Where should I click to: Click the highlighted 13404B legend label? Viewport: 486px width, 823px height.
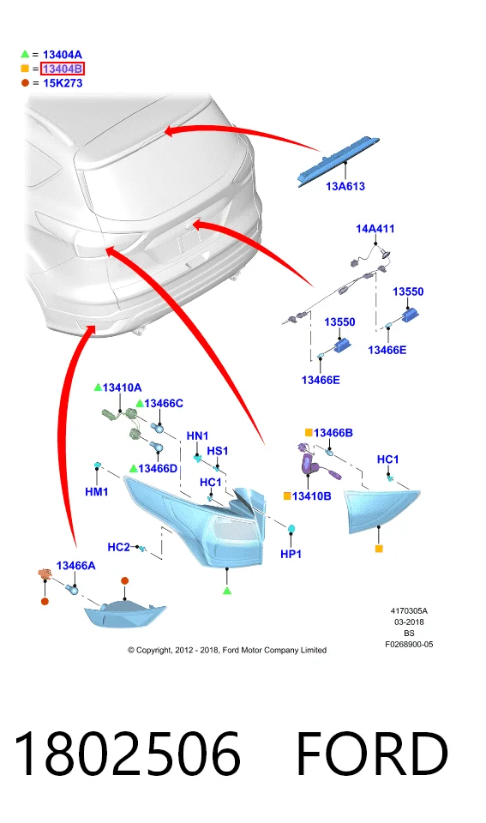coord(63,69)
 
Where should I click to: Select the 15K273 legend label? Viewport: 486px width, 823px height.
coord(63,83)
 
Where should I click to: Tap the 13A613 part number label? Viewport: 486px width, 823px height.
coord(345,186)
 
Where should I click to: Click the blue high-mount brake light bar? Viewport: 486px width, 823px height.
coord(338,160)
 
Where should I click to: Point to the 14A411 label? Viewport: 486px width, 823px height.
coord(375,229)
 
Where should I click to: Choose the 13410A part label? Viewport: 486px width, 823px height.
coord(122,387)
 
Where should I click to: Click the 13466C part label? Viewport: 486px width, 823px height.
coord(164,403)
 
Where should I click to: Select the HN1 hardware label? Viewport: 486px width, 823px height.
coord(197,436)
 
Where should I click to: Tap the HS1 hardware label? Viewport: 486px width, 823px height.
coord(217,451)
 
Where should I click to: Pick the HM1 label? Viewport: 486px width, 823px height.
coord(97,492)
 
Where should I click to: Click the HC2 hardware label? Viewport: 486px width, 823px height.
coord(118,548)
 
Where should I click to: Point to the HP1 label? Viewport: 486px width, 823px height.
coord(291,554)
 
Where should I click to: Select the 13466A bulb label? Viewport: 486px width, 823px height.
coord(75,566)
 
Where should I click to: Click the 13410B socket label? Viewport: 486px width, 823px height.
coord(312,496)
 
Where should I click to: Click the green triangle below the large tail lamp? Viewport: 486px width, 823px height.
coord(227,591)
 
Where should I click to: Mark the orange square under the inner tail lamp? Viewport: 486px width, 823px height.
coord(379,549)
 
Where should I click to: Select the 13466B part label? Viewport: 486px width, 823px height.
coord(333,433)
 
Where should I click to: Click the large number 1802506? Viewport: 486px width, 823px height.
coord(127,754)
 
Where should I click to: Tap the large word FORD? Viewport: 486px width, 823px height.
coord(372,754)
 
